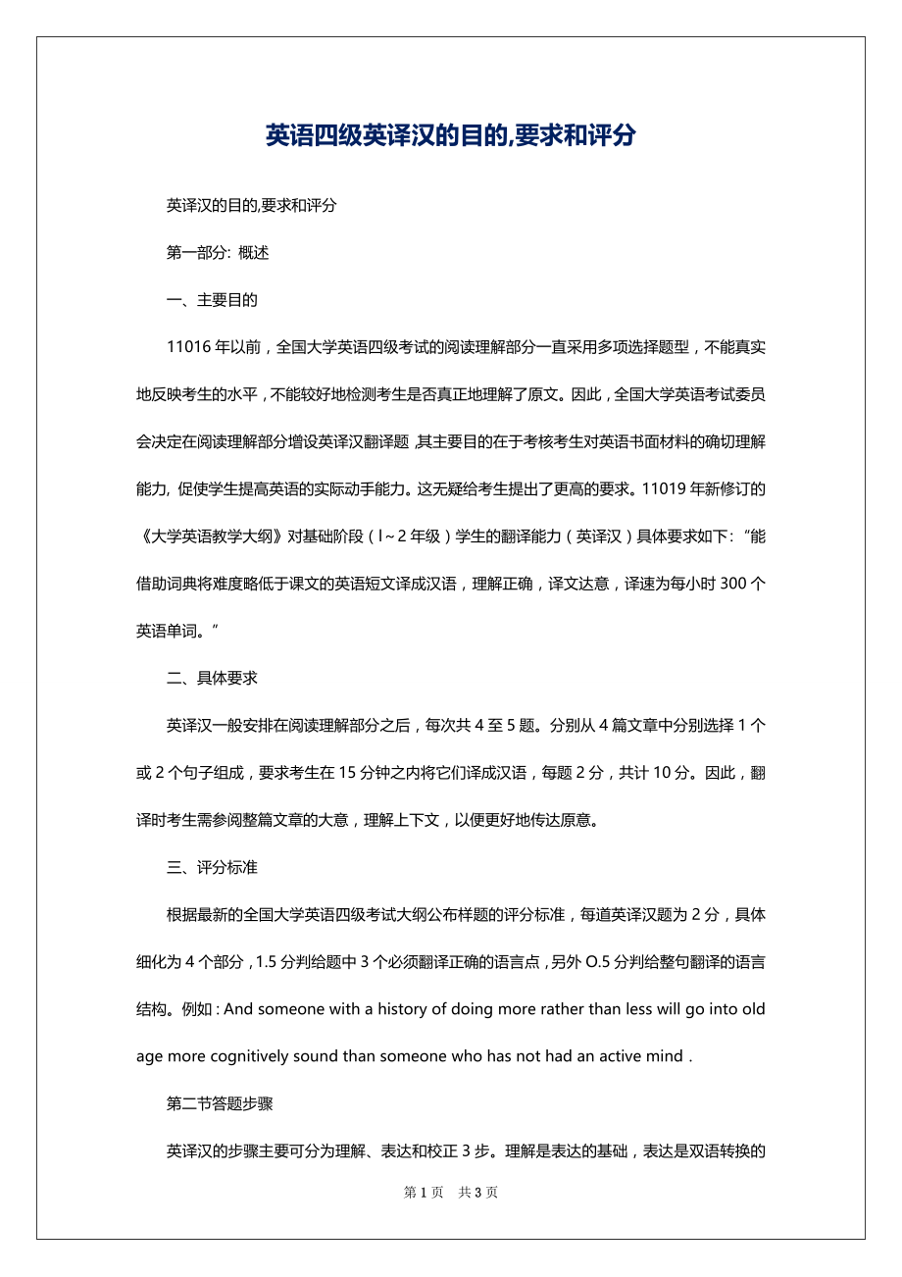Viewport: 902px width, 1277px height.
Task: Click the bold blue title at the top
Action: (450, 135)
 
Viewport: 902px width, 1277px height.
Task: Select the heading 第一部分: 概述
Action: (218, 253)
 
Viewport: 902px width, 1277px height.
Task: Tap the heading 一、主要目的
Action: (212, 300)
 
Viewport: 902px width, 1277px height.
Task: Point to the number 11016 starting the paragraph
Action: (189, 347)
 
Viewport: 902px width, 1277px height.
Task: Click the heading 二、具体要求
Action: (212, 677)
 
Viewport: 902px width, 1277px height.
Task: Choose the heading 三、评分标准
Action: (212, 867)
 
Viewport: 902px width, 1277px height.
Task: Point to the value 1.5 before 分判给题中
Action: (265, 962)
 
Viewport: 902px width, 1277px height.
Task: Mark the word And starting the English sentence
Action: (238, 1009)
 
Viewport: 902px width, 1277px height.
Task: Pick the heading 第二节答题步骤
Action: (220, 1103)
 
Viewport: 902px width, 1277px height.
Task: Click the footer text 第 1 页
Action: (424, 1193)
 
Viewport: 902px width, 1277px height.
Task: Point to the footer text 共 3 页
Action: (478, 1193)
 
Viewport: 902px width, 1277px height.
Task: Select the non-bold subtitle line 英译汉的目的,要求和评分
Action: (252, 206)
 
